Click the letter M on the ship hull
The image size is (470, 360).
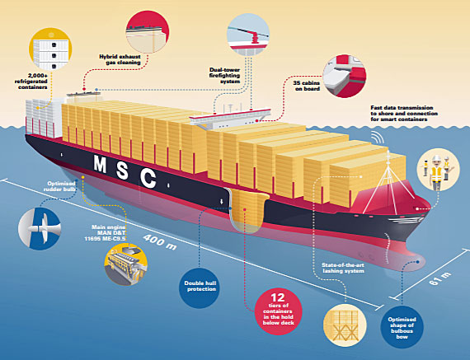point(100,164)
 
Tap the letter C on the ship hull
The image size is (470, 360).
point(148,178)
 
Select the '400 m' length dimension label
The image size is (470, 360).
point(160,242)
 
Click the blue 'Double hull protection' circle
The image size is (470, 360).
point(200,287)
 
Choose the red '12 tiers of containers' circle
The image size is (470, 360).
point(278,311)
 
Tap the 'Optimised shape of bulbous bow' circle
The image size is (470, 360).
point(402,327)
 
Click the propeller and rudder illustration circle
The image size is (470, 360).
point(40,228)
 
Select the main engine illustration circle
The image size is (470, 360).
point(126,264)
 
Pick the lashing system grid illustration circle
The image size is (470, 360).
point(345,325)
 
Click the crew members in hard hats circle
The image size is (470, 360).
point(438,170)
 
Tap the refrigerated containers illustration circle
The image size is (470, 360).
point(50,49)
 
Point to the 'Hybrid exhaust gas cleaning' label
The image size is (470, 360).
point(120,59)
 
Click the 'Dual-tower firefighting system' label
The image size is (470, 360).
point(224,76)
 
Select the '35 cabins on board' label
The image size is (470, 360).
point(307,86)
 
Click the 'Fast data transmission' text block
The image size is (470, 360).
point(404,113)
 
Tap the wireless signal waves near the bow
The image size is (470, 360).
point(378,138)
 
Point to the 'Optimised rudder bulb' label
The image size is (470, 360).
point(59,186)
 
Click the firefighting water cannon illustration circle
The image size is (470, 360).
point(248,35)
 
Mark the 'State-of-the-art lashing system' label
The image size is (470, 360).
point(343,268)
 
